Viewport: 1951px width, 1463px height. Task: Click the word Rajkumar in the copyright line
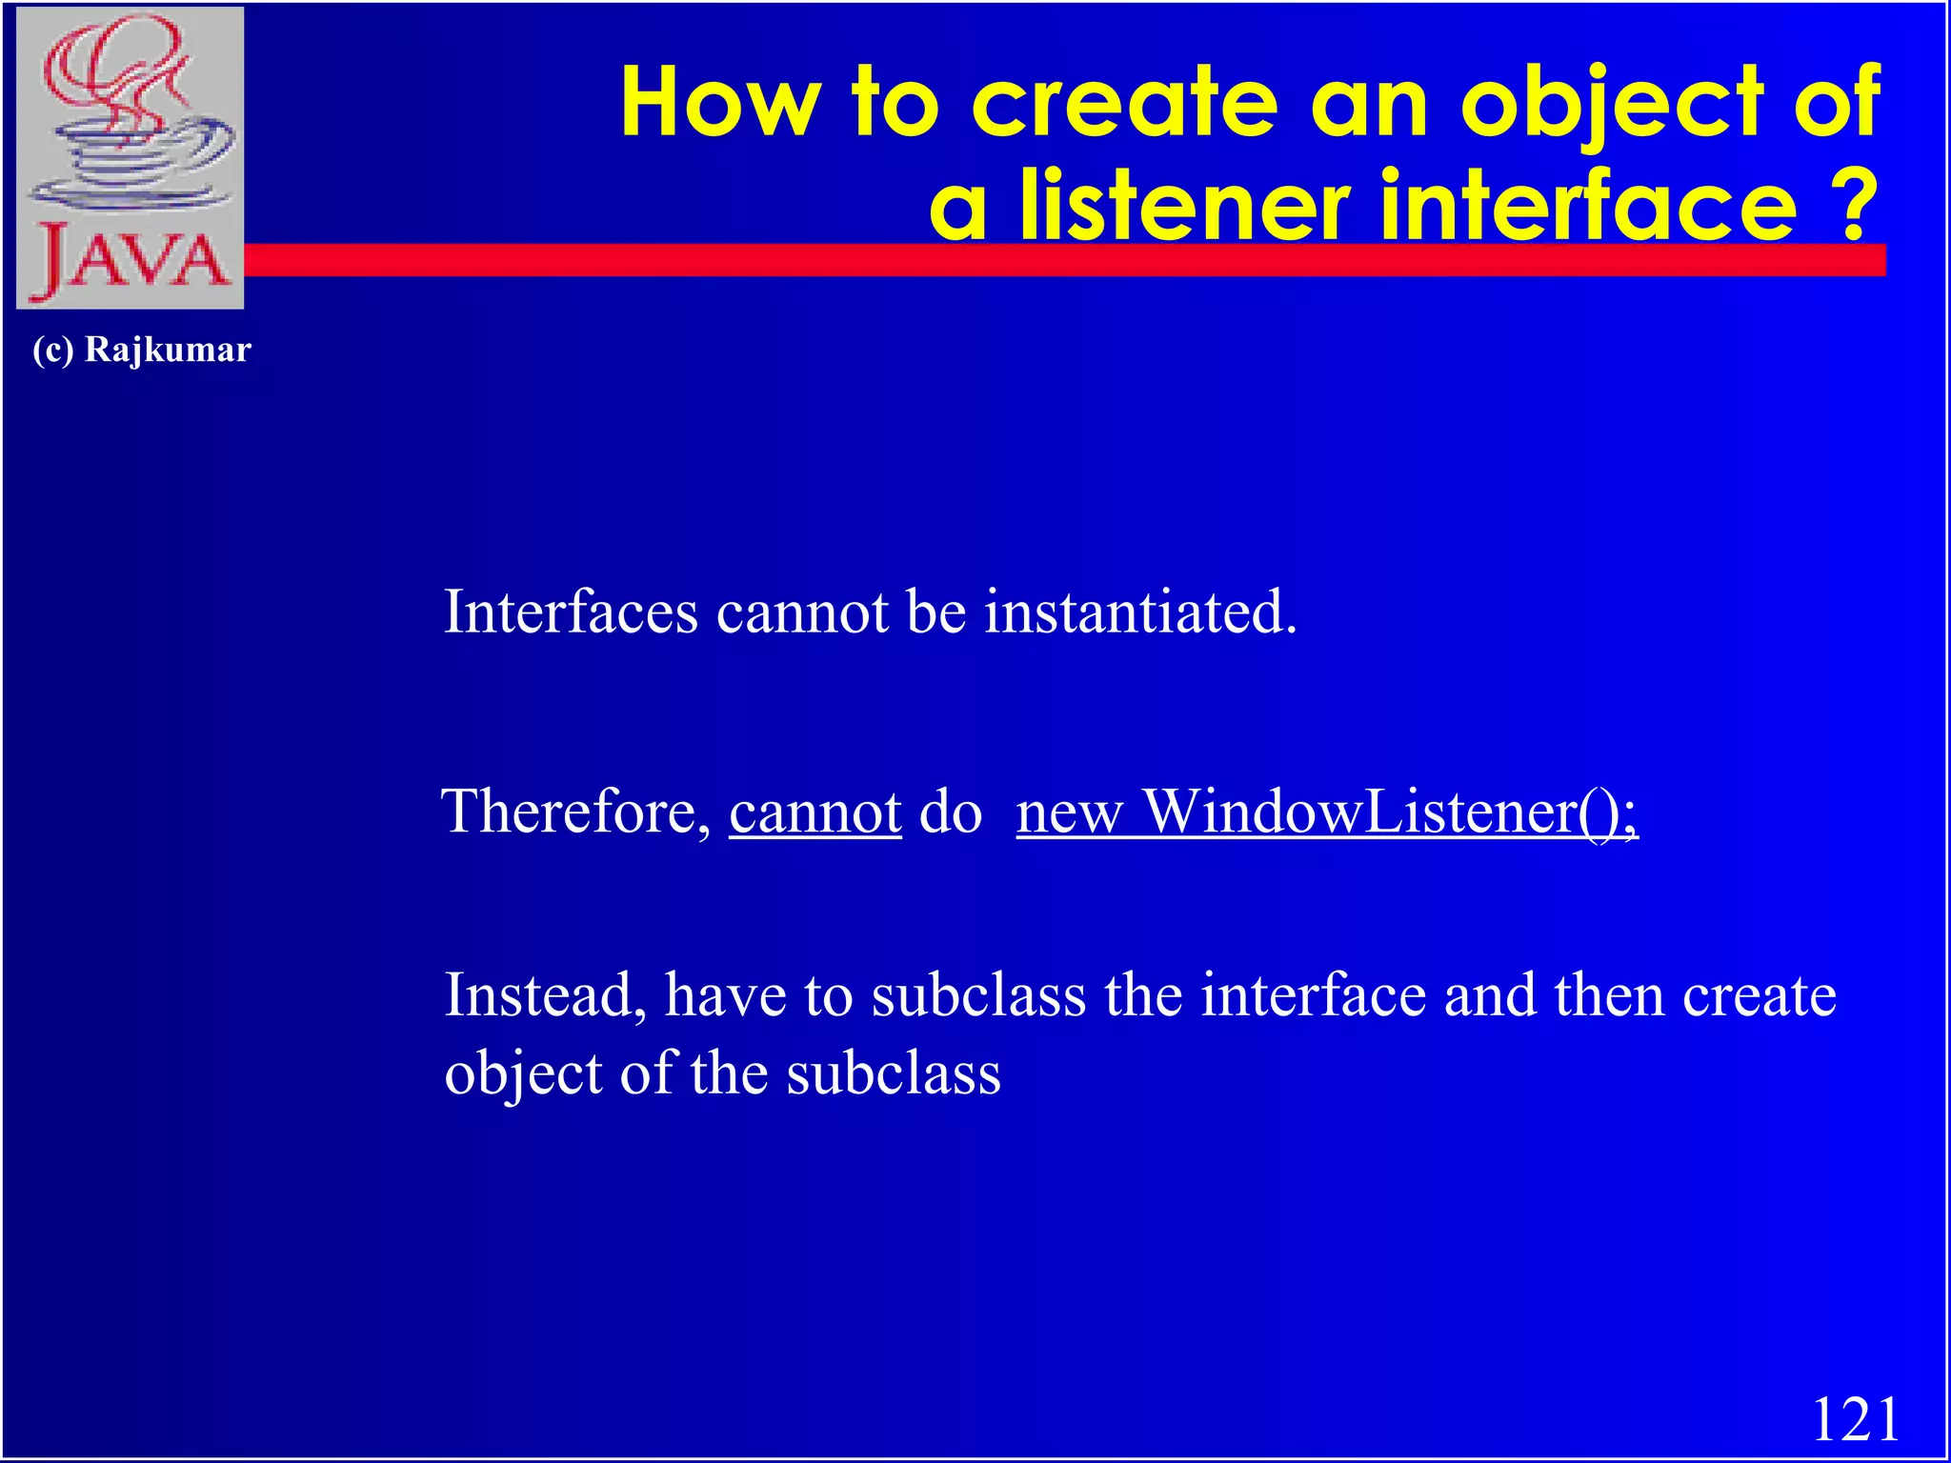tap(168, 350)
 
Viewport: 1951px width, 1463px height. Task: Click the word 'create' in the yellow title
tap(1124, 102)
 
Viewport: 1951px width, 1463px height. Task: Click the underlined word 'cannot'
tap(815, 812)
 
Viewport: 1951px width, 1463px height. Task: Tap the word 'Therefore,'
tap(576, 812)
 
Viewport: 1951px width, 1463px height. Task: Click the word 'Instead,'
tap(546, 995)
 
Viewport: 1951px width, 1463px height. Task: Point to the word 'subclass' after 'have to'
tap(978, 995)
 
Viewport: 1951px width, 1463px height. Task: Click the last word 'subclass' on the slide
tap(893, 1073)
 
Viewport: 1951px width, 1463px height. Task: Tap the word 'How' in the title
tap(720, 102)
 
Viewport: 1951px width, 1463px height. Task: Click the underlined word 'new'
tap(1070, 813)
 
